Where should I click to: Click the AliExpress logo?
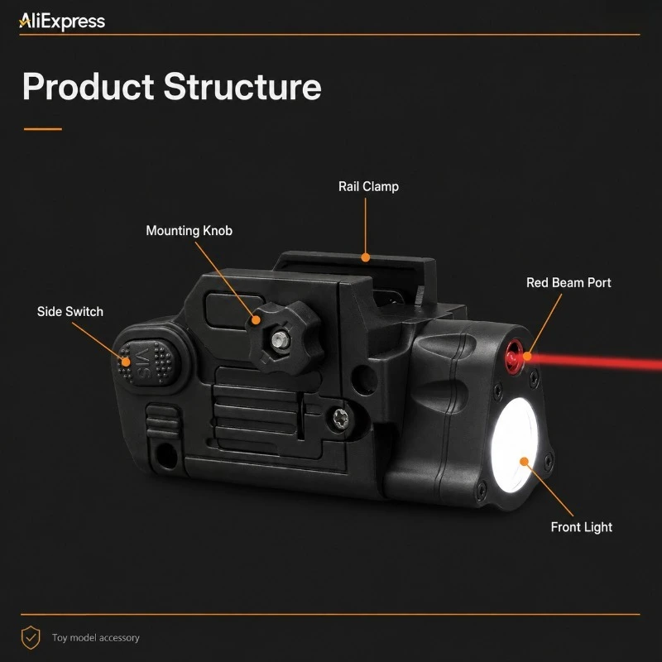61,22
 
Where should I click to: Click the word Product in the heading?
89,87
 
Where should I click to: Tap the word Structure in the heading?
242,87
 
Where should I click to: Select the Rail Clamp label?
368,187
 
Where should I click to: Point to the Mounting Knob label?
189,231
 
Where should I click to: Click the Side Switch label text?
70,312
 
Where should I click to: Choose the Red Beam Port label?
568,282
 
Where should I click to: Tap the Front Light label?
582,527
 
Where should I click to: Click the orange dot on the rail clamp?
366,257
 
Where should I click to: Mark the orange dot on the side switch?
126,362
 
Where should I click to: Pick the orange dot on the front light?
524,462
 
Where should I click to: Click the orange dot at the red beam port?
527,357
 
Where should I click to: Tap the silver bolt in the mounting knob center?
278,340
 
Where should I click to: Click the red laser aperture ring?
514,357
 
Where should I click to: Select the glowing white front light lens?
515,445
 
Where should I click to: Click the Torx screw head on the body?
339,420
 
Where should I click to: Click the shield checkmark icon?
31,637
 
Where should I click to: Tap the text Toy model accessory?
96,637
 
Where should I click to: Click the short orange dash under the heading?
43,129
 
